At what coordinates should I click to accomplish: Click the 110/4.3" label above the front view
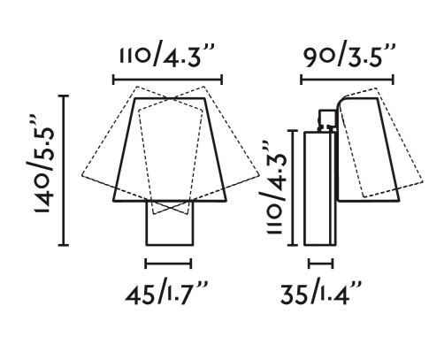166,56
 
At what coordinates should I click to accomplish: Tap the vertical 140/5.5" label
44,164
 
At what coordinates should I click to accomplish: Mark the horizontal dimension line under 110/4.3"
167,80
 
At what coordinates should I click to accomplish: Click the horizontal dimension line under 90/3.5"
347,80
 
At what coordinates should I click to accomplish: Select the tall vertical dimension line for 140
65,170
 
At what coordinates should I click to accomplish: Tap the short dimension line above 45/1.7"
168,264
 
